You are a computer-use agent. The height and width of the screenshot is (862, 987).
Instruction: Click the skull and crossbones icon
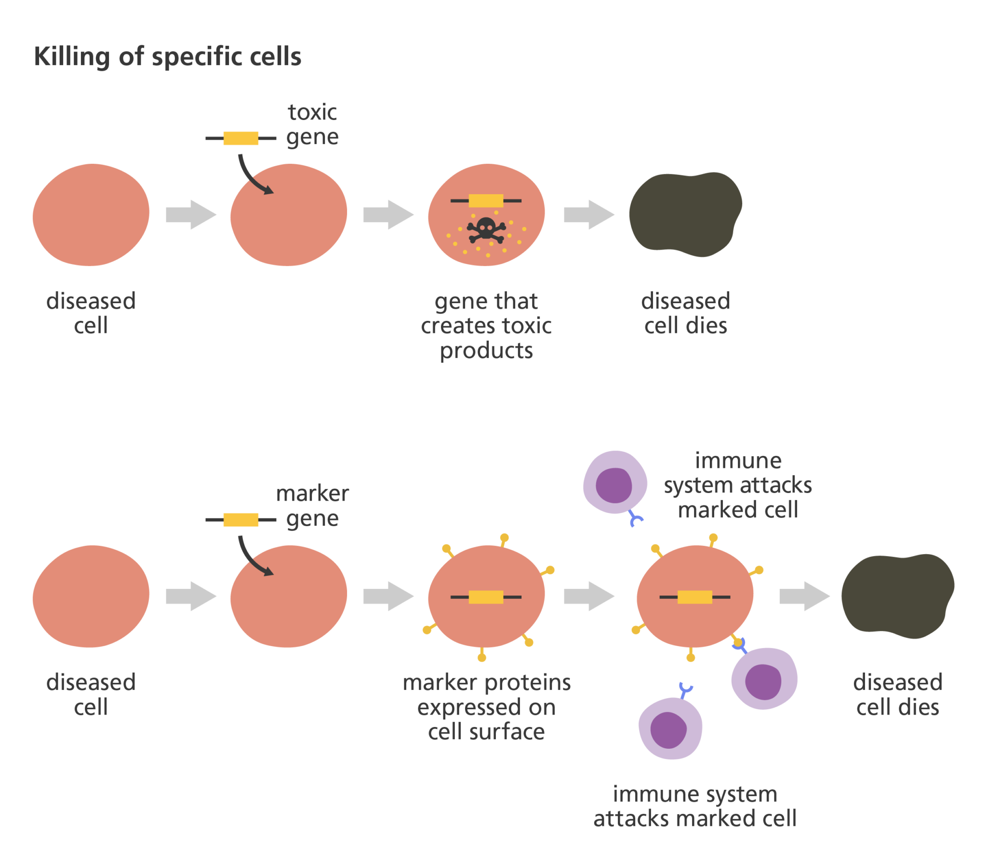click(486, 230)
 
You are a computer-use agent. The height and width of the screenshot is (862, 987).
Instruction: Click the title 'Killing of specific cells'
click(167, 57)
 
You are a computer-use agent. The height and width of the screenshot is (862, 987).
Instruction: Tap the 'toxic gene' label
click(312, 125)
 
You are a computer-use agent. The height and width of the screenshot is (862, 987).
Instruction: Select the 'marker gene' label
click(312, 506)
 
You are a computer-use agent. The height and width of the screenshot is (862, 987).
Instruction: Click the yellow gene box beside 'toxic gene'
click(240, 138)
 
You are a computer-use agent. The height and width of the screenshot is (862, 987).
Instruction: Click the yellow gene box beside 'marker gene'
click(240, 520)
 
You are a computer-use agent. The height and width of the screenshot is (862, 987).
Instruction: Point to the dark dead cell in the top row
click(685, 214)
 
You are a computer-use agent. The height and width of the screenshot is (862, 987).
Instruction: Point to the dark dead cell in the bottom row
click(897, 596)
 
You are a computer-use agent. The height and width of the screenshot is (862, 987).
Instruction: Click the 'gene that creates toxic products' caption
click(486, 326)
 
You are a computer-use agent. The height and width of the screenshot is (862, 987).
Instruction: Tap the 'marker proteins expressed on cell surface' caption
click(486, 707)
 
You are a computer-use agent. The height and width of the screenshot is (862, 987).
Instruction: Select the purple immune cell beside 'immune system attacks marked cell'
click(615, 483)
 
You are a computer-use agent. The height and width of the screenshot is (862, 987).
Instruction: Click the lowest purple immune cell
click(669, 729)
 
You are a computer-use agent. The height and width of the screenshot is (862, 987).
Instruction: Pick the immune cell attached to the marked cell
click(764, 678)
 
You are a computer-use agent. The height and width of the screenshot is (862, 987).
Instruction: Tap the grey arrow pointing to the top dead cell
click(589, 214)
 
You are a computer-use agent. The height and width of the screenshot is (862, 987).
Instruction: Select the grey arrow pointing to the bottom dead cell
click(804, 596)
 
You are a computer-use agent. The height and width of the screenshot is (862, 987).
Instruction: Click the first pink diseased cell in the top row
click(91, 215)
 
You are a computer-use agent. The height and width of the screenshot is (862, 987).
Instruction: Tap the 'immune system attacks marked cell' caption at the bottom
click(694, 806)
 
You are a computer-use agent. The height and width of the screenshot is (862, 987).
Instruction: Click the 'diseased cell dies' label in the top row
click(685, 313)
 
